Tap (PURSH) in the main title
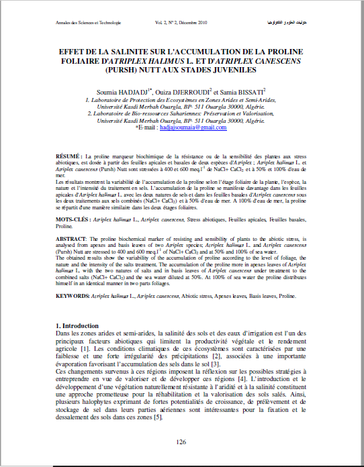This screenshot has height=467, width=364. (116, 69)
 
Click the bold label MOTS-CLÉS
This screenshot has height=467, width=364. (73, 220)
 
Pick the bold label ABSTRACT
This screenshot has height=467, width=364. (71, 239)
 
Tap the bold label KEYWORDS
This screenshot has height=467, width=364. (73, 295)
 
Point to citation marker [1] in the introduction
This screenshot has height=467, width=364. (85, 349)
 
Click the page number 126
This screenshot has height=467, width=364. (181, 442)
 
